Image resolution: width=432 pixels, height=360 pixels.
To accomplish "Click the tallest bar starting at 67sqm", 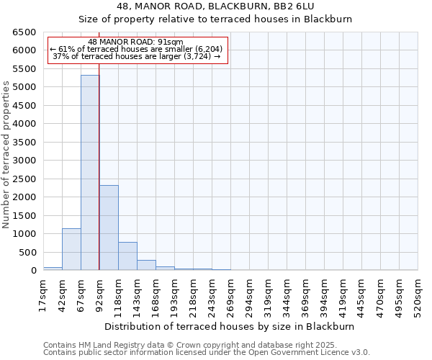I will (x=90, y=173).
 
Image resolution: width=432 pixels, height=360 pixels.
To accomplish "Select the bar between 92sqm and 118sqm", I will (x=109, y=228).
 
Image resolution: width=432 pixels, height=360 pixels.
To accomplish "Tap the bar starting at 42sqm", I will (x=71, y=249).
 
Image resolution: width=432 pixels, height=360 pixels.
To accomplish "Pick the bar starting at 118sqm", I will (x=127, y=256).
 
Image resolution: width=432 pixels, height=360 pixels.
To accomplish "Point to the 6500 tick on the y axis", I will (x=24, y=32).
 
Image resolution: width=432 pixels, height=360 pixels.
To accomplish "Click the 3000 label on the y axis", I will (x=24, y=161).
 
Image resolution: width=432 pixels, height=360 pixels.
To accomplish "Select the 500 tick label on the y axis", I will (x=27, y=252).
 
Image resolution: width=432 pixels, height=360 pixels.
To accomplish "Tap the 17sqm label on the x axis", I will (x=44, y=294).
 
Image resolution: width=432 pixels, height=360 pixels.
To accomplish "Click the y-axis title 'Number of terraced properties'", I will (x=7, y=154).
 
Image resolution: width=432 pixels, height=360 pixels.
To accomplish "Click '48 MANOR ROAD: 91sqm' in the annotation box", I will (x=136, y=42).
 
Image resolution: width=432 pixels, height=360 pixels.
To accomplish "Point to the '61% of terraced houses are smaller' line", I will (x=136, y=49).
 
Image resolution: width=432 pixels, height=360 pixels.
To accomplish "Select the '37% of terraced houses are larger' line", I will (x=136, y=56).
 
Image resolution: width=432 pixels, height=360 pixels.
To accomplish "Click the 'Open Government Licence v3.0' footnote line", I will (x=206, y=352).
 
